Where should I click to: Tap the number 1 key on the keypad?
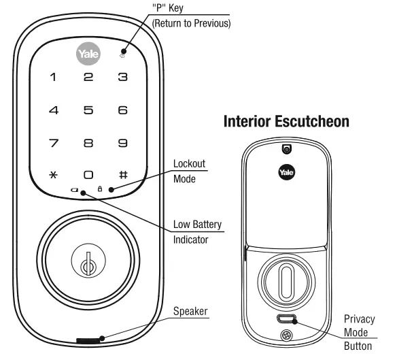pos(53,78)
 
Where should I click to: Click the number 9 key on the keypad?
pos(123,142)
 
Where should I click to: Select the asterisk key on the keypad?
pos(53,175)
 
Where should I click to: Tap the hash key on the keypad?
pos(123,175)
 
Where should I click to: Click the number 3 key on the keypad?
pos(123,78)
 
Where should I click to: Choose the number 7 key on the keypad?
pos(53,142)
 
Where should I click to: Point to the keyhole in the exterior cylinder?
pos(87,265)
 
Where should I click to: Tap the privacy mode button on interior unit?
pos(286,318)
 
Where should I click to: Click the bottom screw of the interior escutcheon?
pos(286,335)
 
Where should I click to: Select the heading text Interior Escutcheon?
pos(286,122)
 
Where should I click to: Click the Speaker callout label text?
pos(190,312)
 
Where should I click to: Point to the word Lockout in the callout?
pos(189,164)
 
